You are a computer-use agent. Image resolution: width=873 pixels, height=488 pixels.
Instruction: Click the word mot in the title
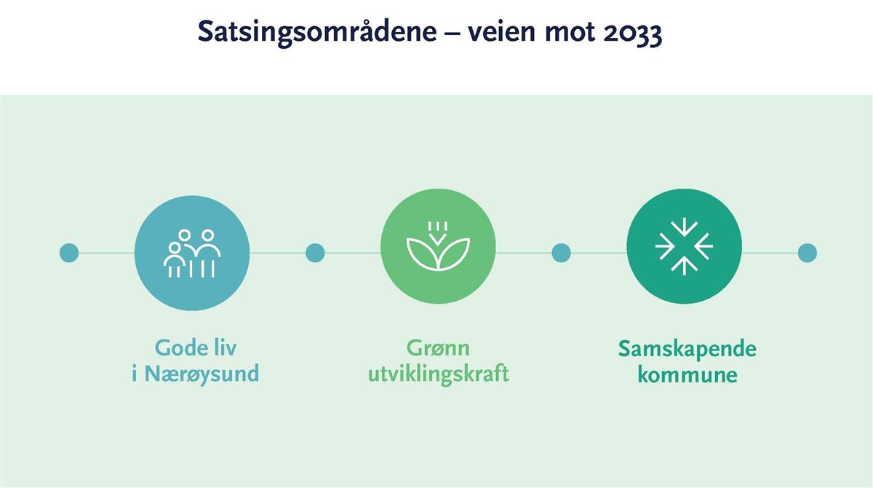(x=570, y=32)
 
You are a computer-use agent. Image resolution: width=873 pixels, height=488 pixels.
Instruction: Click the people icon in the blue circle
(x=192, y=253)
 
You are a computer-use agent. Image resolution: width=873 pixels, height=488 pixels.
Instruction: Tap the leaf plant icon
(x=438, y=246)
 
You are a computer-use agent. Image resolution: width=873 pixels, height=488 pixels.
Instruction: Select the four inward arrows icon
(x=684, y=246)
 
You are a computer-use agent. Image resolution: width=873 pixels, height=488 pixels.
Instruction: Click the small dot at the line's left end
(x=69, y=253)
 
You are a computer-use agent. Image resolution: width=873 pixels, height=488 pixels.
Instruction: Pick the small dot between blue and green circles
(x=315, y=253)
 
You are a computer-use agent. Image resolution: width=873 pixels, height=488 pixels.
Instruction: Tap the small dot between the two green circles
(x=561, y=253)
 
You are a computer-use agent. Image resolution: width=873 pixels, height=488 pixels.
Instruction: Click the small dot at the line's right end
(x=807, y=253)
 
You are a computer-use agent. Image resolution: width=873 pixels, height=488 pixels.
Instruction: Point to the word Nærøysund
(x=202, y=374)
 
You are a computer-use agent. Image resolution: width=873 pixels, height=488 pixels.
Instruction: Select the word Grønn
(x=438, y=348)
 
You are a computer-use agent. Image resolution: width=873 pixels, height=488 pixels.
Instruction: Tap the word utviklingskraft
(x=439, y=374)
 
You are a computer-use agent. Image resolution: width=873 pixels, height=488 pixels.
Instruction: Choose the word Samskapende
(x=687, y=349)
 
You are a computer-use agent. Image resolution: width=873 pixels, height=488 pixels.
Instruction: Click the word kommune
(x=687, y=374)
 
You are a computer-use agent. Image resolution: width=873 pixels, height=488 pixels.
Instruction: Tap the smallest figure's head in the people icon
(x=174, y=248)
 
